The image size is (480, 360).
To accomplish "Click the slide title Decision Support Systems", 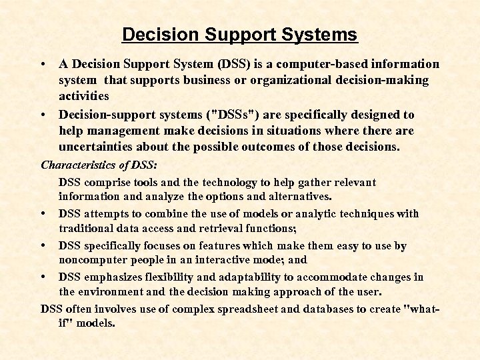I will pos(240,34).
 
